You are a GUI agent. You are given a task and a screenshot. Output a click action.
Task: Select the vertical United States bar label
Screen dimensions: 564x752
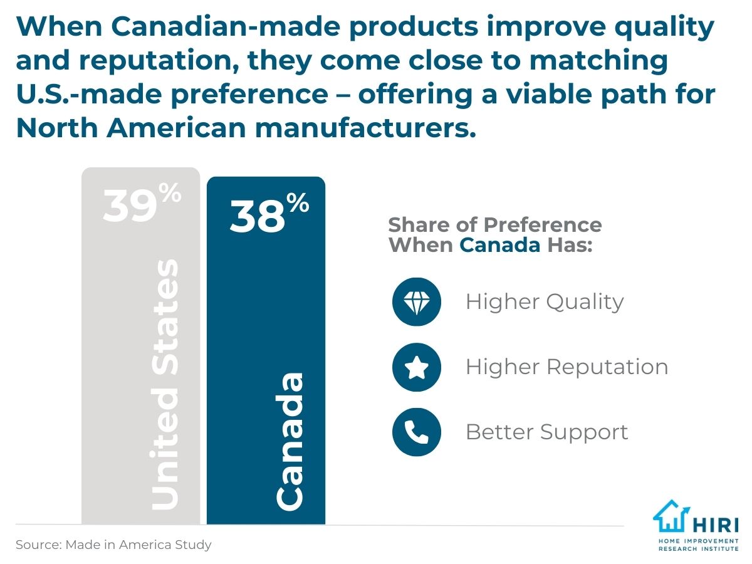pos(165,385)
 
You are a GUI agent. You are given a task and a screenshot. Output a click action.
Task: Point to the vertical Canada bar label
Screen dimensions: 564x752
pos(290,440)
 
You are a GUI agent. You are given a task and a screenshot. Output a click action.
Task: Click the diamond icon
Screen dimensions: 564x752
pos(417,302)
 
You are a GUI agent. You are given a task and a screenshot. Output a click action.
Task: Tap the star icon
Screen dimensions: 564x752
pos(417,367)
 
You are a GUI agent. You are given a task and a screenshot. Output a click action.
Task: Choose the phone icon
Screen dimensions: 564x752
pos(417,432)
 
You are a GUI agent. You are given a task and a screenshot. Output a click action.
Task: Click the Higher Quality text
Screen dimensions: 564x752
pos(544,302)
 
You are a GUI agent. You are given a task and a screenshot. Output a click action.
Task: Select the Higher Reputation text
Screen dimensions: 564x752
pos(567,367)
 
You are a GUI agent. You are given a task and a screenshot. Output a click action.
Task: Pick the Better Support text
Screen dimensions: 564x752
pos(546,432)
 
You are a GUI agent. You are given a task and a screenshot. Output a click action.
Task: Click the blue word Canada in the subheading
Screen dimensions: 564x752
pos(499,244)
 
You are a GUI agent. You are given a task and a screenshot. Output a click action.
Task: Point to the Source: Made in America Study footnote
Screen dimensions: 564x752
pos(113,545)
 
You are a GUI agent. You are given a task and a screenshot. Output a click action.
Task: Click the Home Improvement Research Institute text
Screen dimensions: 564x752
pos(698,544)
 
